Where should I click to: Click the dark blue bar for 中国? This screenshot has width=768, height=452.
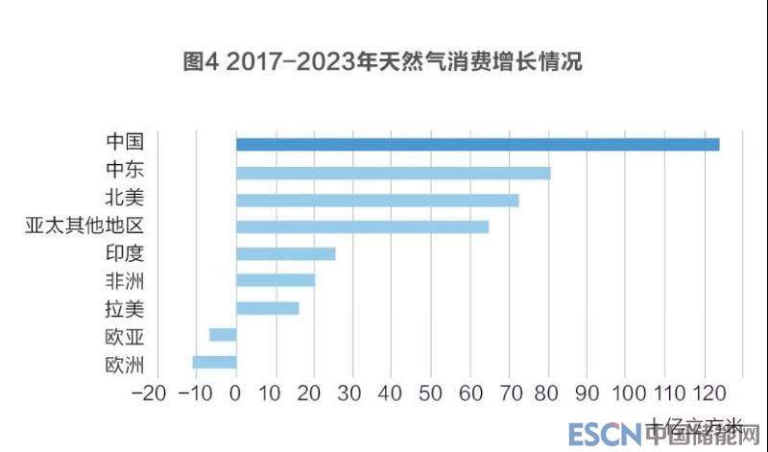477,144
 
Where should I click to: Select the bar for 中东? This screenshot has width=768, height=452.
393,173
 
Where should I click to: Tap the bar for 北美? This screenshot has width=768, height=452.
377,200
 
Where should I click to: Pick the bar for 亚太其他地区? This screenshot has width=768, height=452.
362,226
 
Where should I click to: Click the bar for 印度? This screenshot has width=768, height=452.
285,253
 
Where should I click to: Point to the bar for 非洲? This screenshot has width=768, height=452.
275,280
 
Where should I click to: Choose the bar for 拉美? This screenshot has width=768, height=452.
267,308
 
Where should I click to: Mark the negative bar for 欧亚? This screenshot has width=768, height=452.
223,334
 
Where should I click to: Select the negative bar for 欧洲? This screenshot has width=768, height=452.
214,362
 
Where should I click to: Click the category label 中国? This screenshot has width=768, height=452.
124,142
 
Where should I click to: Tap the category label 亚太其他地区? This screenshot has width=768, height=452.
84,226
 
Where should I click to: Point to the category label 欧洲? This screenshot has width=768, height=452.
124,365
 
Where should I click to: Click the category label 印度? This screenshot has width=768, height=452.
124,253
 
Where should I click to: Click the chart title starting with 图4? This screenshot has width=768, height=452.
383,63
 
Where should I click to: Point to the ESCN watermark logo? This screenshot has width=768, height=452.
605,435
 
